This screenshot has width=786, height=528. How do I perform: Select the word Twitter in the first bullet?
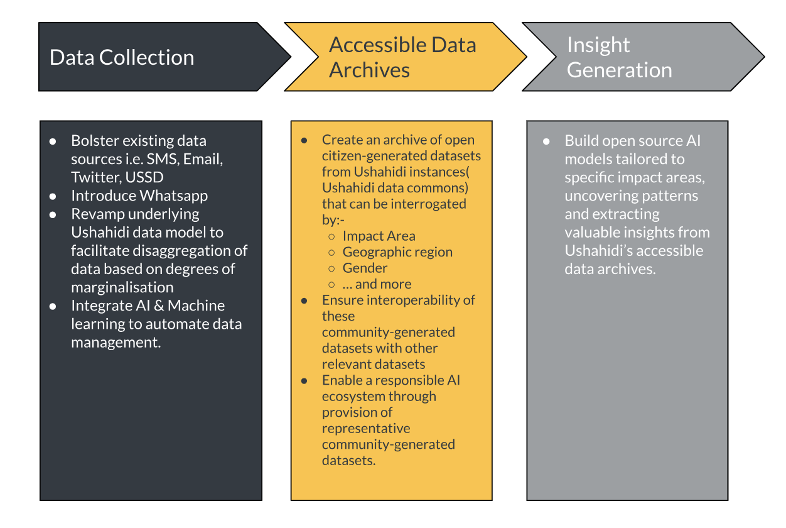94,177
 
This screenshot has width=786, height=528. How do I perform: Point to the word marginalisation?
122,287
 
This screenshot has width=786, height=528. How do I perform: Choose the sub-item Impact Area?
379,236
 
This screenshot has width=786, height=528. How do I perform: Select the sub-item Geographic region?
397,252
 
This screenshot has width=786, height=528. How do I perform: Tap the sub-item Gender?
365,268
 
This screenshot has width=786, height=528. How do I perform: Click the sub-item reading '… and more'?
377,284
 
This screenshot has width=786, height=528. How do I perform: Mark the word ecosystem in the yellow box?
353,396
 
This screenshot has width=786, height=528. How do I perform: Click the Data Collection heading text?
122,57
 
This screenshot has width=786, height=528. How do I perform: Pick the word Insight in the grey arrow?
598,45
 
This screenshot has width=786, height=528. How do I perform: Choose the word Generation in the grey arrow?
619,70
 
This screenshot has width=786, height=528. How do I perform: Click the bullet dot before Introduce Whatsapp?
53,196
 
